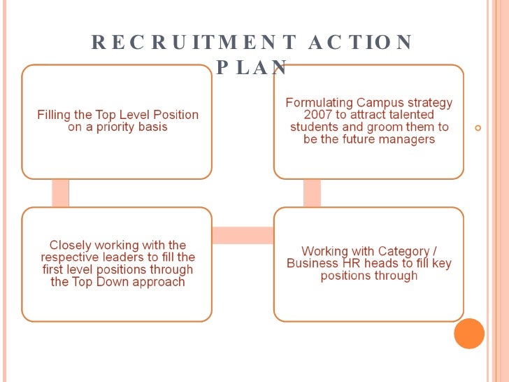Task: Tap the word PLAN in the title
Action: [x=252, y=67]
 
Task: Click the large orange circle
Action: [x=469, y=334]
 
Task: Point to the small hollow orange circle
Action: [x=478, y=128]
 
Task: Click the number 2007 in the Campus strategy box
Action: [x=319, y=115]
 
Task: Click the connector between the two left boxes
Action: [x=61, y=192]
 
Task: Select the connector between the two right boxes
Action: [x=312, y=192]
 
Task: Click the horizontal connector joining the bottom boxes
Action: [x=243, y=235]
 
